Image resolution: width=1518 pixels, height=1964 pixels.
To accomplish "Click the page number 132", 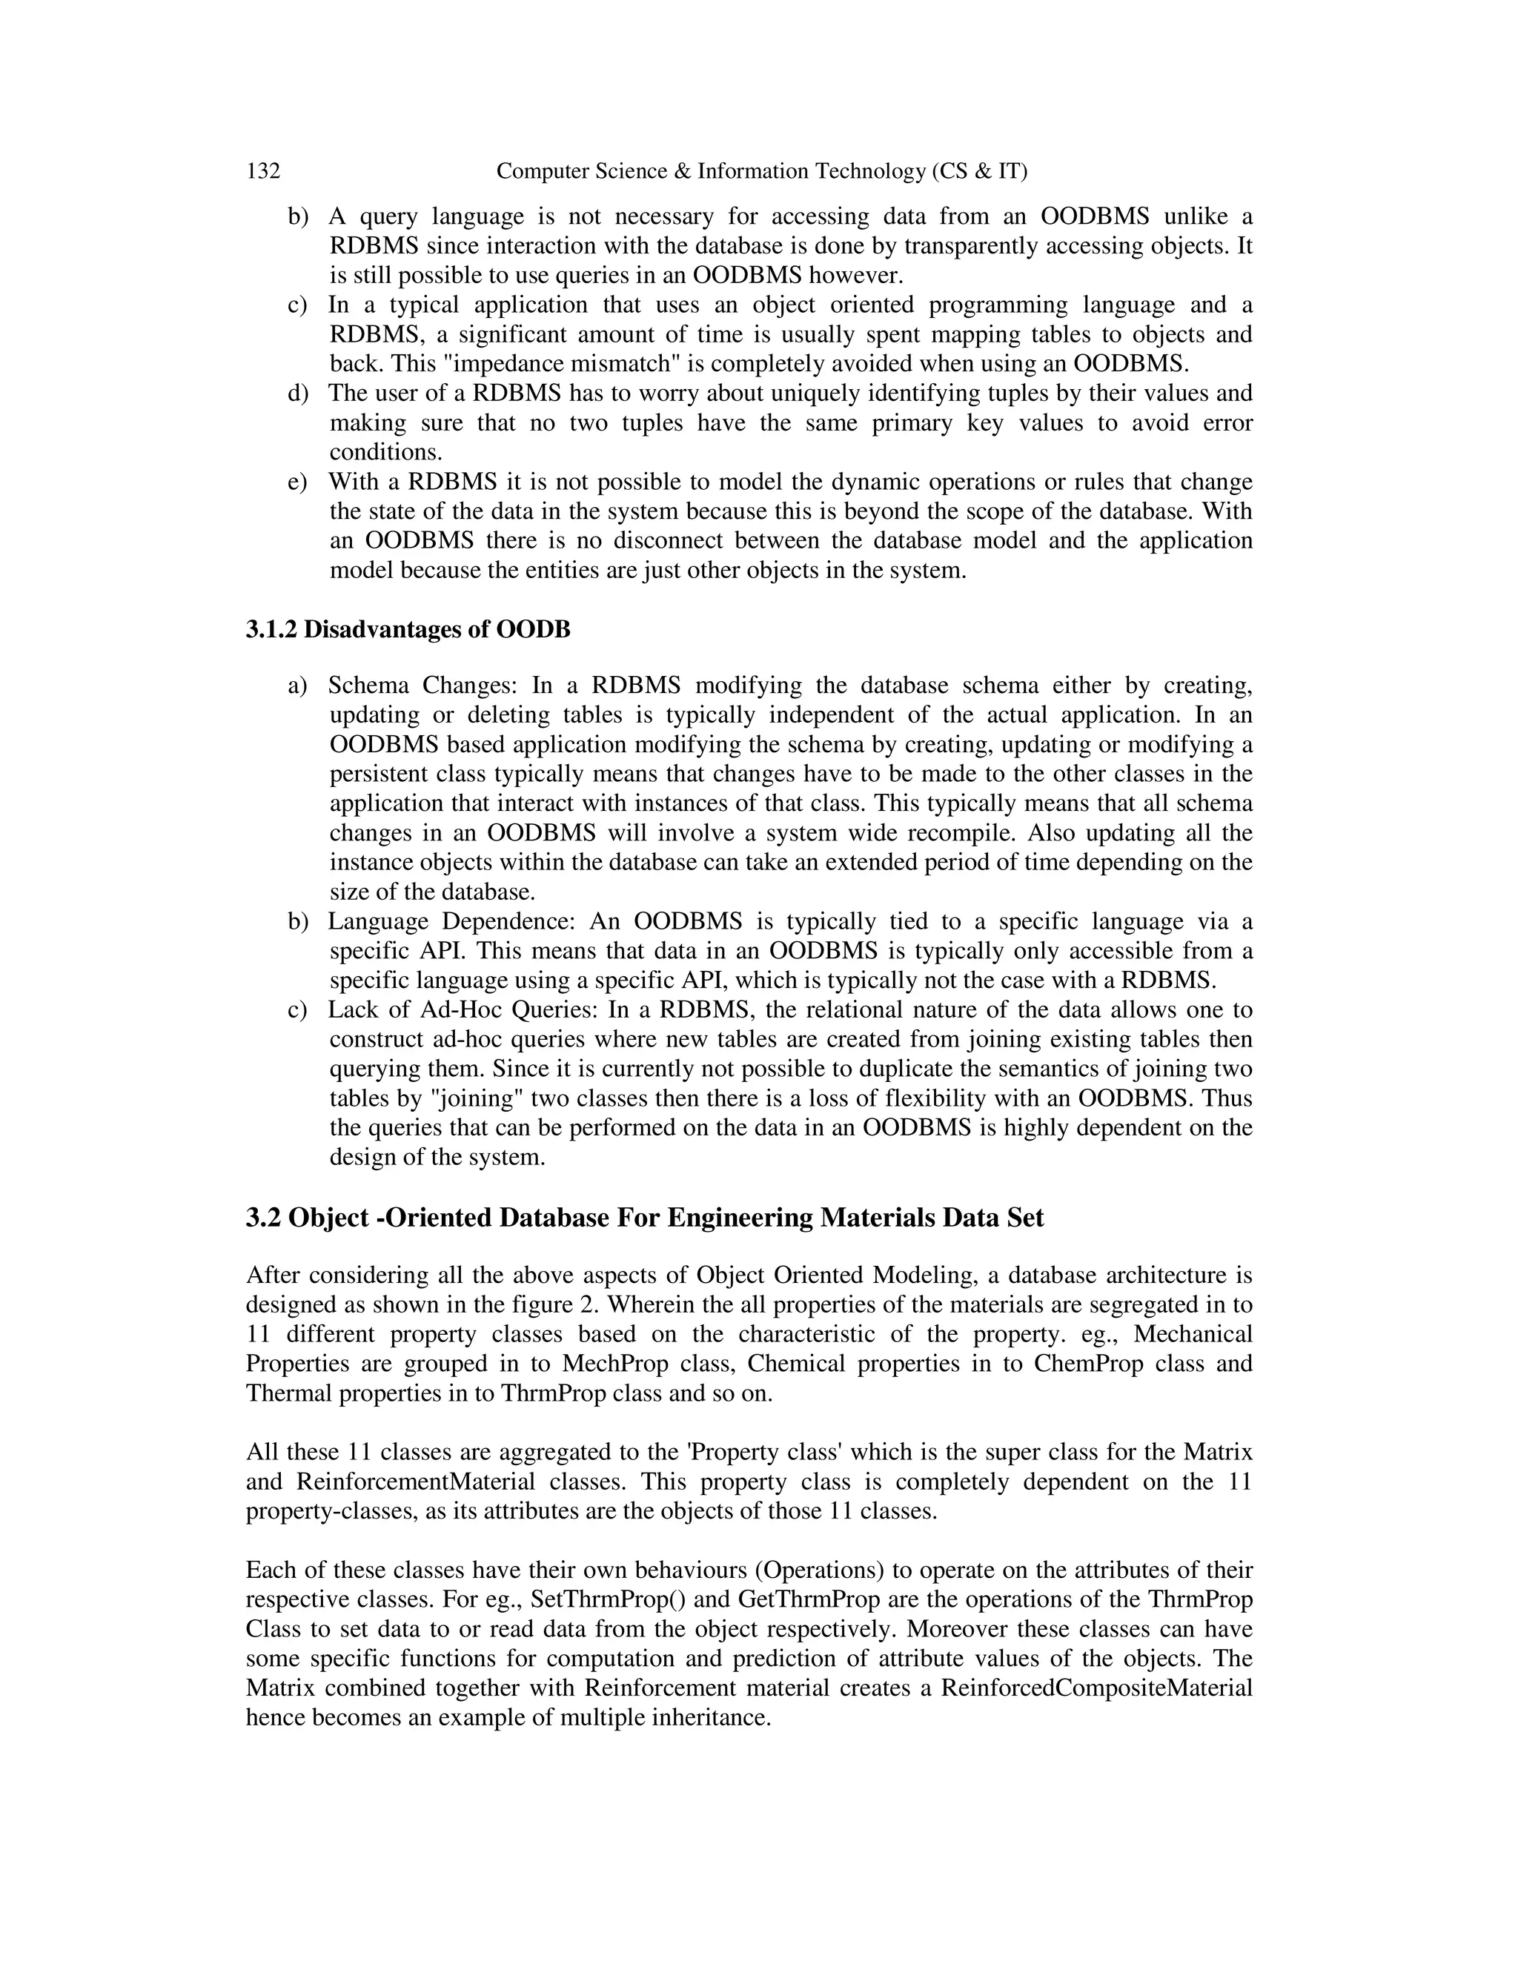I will click(262, 171).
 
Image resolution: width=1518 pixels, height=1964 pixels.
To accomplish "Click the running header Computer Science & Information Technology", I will click(760, 171).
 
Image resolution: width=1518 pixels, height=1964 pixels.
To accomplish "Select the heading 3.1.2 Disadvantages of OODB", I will click(408, 629).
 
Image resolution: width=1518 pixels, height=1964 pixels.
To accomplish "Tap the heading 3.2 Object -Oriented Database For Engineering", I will click(644, 1218).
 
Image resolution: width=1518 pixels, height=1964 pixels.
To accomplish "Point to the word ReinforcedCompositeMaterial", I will click(1096, 1688).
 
